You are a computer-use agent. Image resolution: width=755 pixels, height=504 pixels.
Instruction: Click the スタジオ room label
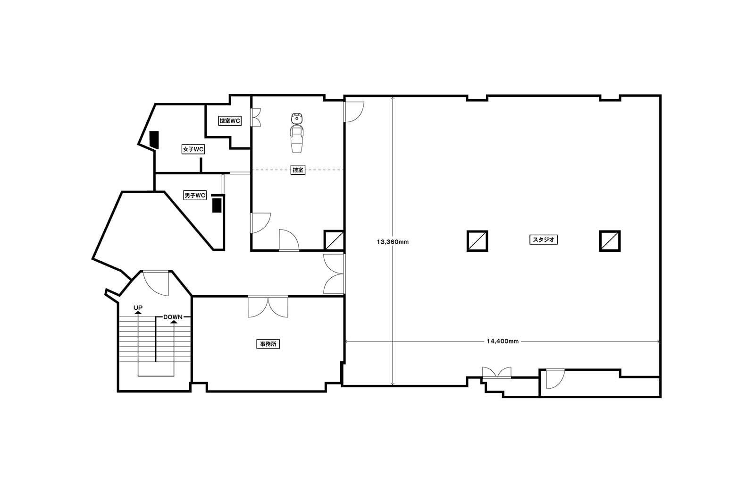click(543, 240)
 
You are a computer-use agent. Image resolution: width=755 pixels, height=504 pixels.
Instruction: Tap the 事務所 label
click(268, 344)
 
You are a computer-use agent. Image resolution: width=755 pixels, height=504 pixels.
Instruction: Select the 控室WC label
click(229, 121)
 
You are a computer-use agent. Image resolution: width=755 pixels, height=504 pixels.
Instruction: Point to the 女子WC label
click(193, 149)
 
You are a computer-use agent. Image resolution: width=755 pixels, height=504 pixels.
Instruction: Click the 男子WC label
click(195, 196)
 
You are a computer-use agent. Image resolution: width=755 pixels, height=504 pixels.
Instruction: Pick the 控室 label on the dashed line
click(298, 170)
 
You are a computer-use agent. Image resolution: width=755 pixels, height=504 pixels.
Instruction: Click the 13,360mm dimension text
click(393, 242)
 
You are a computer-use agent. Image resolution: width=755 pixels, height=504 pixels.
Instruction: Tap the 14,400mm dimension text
click(503, 341)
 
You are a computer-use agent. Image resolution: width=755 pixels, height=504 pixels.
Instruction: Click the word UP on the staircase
click(138, 308)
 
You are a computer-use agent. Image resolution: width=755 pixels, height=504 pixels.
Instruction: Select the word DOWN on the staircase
click(173, 317)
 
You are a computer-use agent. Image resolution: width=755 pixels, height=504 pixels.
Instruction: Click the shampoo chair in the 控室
click(297, 133)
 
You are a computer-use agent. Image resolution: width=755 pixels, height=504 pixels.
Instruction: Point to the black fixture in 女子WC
click(154, 140)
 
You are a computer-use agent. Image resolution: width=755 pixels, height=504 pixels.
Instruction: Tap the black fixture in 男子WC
click(217, 205)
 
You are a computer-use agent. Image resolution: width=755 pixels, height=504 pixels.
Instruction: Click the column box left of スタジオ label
click(477, 241)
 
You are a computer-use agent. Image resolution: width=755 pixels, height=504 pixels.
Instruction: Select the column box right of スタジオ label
click(610, 241)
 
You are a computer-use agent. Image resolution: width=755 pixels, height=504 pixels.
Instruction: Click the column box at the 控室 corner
click(334, 240)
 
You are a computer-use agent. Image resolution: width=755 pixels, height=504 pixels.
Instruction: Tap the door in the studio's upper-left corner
click(354, 111)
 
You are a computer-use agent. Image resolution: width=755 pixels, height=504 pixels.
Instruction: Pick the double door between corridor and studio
click(334, 273)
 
